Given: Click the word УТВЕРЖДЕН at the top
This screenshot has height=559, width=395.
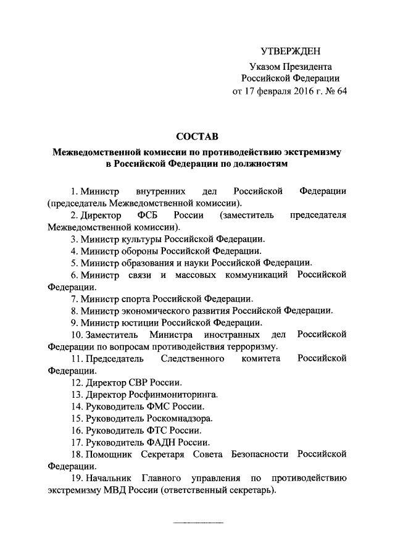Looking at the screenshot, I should (x=290, y=51).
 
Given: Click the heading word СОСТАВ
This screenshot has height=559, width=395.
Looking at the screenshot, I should (x=197, y=135).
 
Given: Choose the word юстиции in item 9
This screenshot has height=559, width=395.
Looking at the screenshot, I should (x=139, y=322).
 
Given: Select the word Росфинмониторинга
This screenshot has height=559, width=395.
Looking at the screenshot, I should (x=173, y=394).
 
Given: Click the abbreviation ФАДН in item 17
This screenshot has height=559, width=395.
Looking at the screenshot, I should (x=157, y=442).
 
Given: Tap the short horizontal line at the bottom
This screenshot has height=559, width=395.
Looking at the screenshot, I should (x=197, y=524).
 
